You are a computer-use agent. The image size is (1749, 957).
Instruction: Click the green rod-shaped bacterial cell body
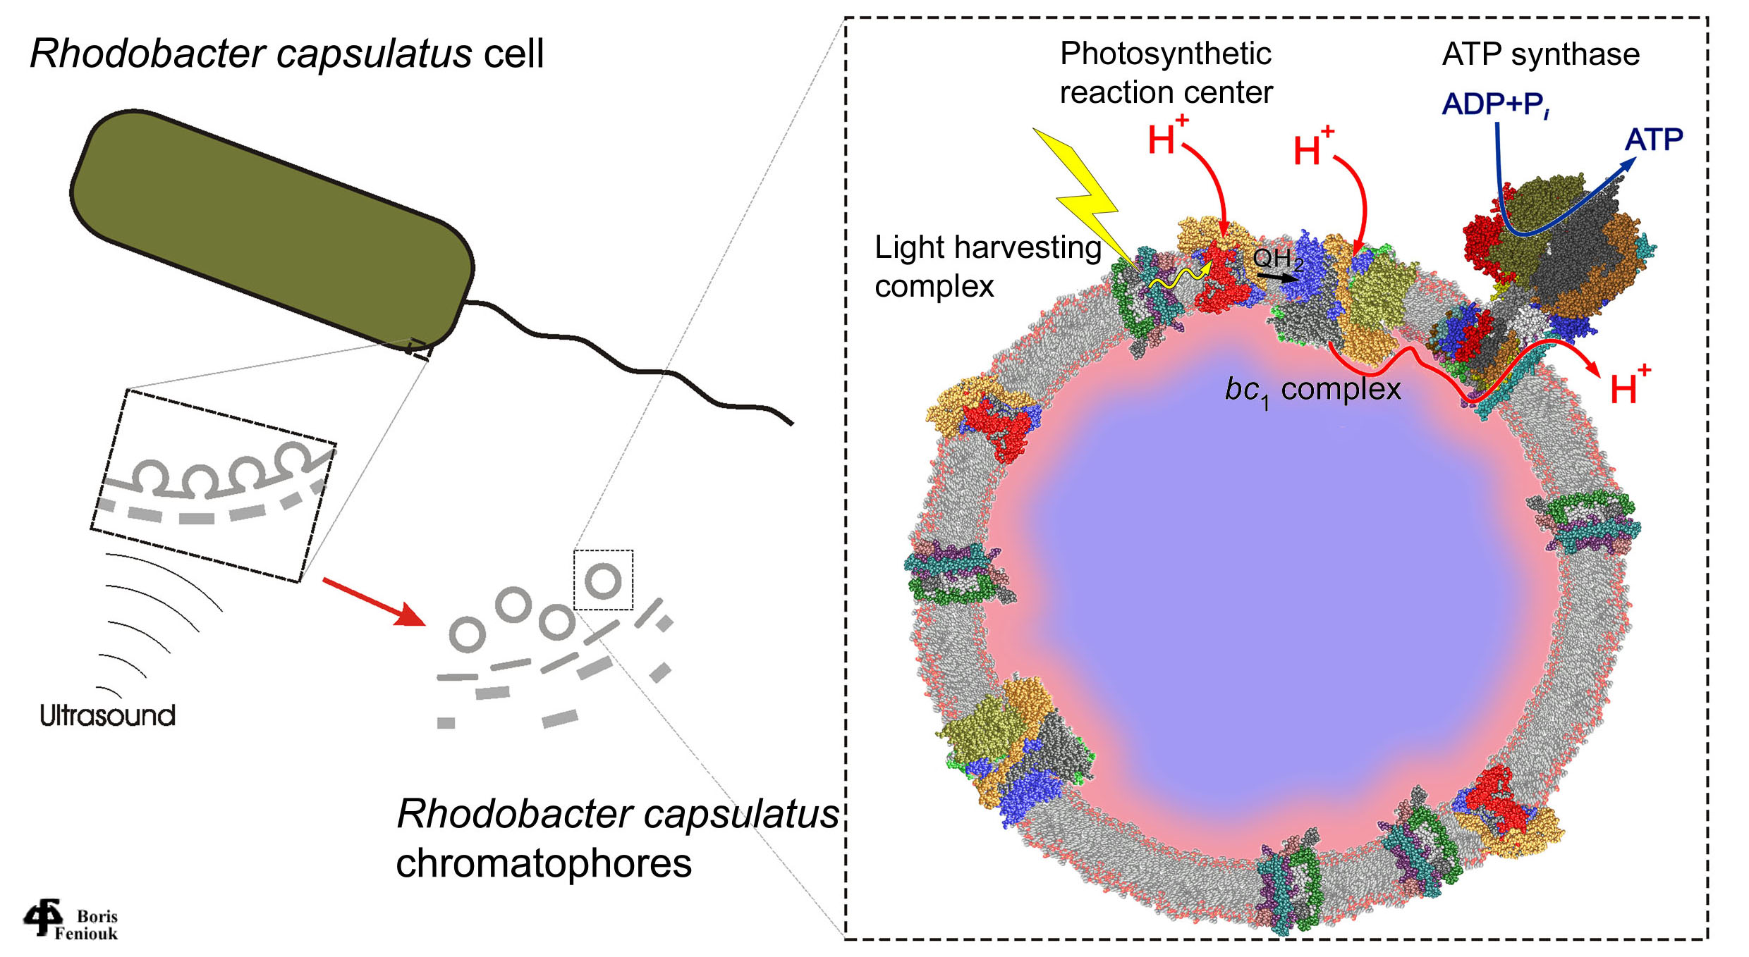pos(272,229)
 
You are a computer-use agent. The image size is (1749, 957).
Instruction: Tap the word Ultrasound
pos(107,715)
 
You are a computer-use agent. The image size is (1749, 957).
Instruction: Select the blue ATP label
pos(1653,140)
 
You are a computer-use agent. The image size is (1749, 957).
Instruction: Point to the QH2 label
pos(1277,259)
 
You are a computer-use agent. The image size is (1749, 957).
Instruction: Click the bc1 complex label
pos(1312,390)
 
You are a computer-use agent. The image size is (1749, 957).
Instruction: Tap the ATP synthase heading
pos(1540,54)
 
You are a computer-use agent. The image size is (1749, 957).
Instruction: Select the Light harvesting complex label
pos(987,266)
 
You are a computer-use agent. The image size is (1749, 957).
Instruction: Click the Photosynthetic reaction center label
pos(1166,73)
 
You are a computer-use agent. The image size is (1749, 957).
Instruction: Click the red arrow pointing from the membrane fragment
pos(374,601)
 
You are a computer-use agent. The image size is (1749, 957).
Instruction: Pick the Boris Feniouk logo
pos(71,920)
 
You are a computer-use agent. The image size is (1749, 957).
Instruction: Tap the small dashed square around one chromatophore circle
pos(603,580)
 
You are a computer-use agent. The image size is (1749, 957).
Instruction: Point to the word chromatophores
pos(543,863)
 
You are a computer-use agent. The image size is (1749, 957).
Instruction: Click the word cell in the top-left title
pos(513,54)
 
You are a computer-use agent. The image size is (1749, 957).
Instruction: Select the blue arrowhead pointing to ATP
pos(1627,163)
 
